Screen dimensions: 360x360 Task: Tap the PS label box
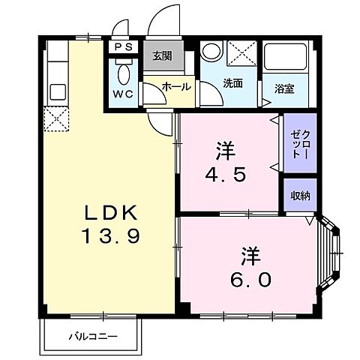[122, 47]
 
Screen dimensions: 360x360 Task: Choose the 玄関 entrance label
[162, 55]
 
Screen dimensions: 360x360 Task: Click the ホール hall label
[175, 87]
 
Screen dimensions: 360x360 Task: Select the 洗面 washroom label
[232, 83]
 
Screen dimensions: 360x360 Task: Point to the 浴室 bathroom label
[283, 88]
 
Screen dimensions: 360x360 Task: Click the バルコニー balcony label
[94, 334]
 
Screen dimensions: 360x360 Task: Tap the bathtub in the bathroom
[284, 59]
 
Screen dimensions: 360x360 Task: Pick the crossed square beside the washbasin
[241, 55]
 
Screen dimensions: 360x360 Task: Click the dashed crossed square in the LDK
[55, 118]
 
